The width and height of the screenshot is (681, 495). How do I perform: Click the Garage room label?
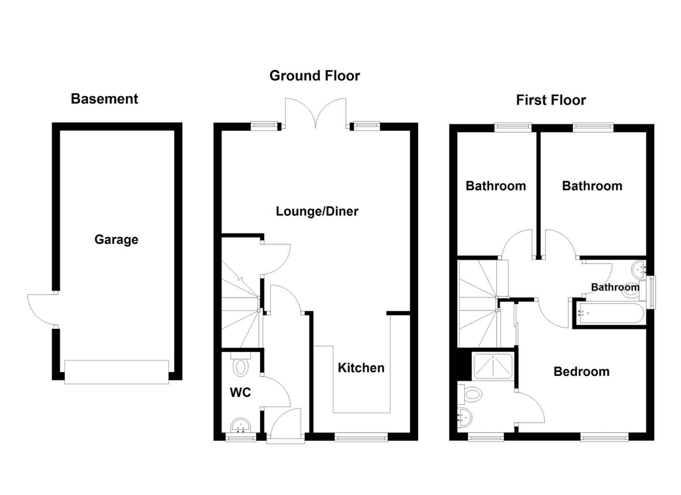click(x=116, y=239)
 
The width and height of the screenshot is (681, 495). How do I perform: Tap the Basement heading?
click(x=104, y=99)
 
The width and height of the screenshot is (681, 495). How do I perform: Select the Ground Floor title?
click(x=315, y=76)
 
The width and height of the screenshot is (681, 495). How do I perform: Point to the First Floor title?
click(x=551, y=100)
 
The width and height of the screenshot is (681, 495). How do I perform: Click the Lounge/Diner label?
click(x=317, y=211)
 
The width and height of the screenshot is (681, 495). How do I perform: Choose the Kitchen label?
click(x=361, y=368)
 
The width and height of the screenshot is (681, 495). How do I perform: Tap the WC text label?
click(x=240, y=393)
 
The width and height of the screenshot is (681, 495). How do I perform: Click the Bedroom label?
click(x=581, y=372)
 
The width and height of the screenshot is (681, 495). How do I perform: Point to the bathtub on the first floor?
click(x=611, y=313)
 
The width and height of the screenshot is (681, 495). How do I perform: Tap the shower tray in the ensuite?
click(x=492, y=366)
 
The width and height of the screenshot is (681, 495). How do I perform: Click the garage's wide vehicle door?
click(x=116, y=372)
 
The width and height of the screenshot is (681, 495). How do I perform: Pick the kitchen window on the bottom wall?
click(x=361, y=437)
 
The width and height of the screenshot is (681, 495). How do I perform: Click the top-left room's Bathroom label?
click(x=495, y=186)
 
